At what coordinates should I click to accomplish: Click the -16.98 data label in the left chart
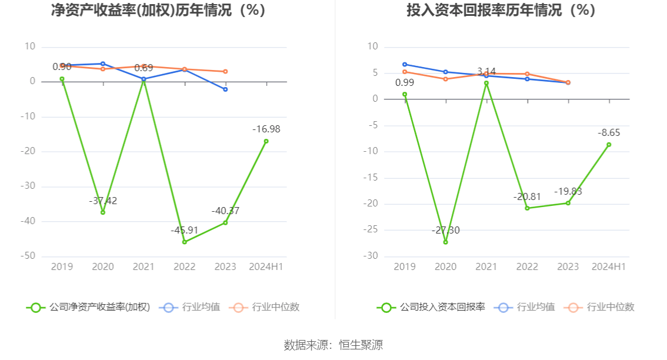tap(266, 129)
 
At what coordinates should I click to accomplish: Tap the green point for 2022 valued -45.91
tap(185, 242)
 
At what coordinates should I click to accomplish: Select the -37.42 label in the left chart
tap(103, 201)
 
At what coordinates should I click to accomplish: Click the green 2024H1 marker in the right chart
tap(609, 145)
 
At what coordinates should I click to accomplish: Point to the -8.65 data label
tap(609, 132)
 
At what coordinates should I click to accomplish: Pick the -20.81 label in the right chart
tap(527, 196)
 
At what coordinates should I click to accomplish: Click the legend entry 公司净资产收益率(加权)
tap(88, 307)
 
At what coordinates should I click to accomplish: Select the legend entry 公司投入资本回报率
tap(431, 307)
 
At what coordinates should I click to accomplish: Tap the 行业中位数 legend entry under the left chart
tap(267, 307)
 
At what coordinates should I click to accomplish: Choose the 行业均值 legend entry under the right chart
tap(526, 307)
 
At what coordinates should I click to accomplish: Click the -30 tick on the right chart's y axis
tap(372, 256)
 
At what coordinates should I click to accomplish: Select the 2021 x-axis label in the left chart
tap(144, 267)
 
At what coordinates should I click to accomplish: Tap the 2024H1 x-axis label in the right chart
tap(609, 267)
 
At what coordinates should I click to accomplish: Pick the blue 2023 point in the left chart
tap(225, 89)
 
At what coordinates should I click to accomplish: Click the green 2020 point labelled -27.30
tap(445, 242)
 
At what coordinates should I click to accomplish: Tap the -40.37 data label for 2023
tap(225, 211)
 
